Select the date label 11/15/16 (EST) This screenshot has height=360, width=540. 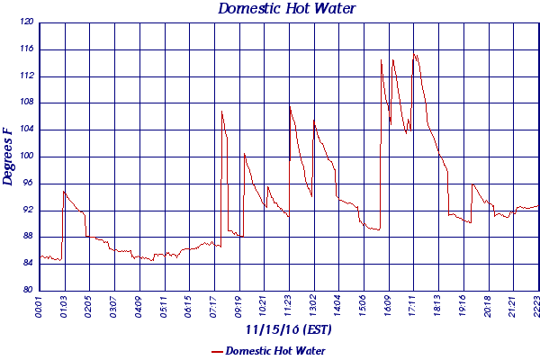coord(287,330)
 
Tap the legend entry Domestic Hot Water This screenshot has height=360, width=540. coord(274,350)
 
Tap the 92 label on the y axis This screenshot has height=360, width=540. coord(27,210)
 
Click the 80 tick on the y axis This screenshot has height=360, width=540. coord(27,290)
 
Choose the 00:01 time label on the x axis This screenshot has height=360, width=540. coord(40,307)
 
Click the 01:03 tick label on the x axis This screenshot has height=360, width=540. coord(65,307)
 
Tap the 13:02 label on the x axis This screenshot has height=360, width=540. coord(314,307)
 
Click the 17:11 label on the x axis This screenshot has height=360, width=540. coord(413,307)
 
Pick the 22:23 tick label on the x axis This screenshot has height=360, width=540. coord(538,307)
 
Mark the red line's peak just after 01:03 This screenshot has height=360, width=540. coord(63,191)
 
